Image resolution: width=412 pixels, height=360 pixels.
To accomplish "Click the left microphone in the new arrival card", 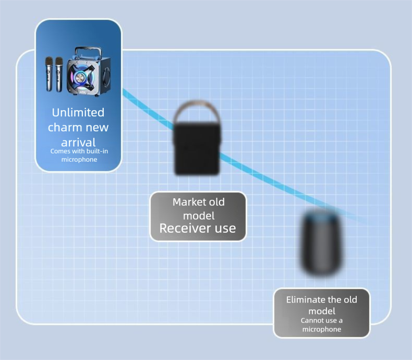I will [x=49, y=74].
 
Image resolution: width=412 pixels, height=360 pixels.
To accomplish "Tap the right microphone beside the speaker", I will [x=59, y=74].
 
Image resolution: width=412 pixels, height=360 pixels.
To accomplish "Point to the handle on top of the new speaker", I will [x=84, y=51].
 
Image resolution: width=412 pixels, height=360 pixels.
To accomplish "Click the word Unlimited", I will [x=78, y=112].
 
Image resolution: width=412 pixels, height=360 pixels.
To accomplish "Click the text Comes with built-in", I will [x=78, y=151].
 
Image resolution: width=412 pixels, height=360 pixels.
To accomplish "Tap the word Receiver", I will [x=183, y=228].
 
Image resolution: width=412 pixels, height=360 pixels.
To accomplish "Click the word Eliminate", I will [x=306, y=300].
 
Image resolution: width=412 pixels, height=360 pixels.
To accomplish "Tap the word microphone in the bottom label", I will [x=322, y=329].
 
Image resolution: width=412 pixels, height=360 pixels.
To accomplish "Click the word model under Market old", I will [x=198, y=215].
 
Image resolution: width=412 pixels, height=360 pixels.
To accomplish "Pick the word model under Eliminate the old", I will [x=322, y=311].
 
